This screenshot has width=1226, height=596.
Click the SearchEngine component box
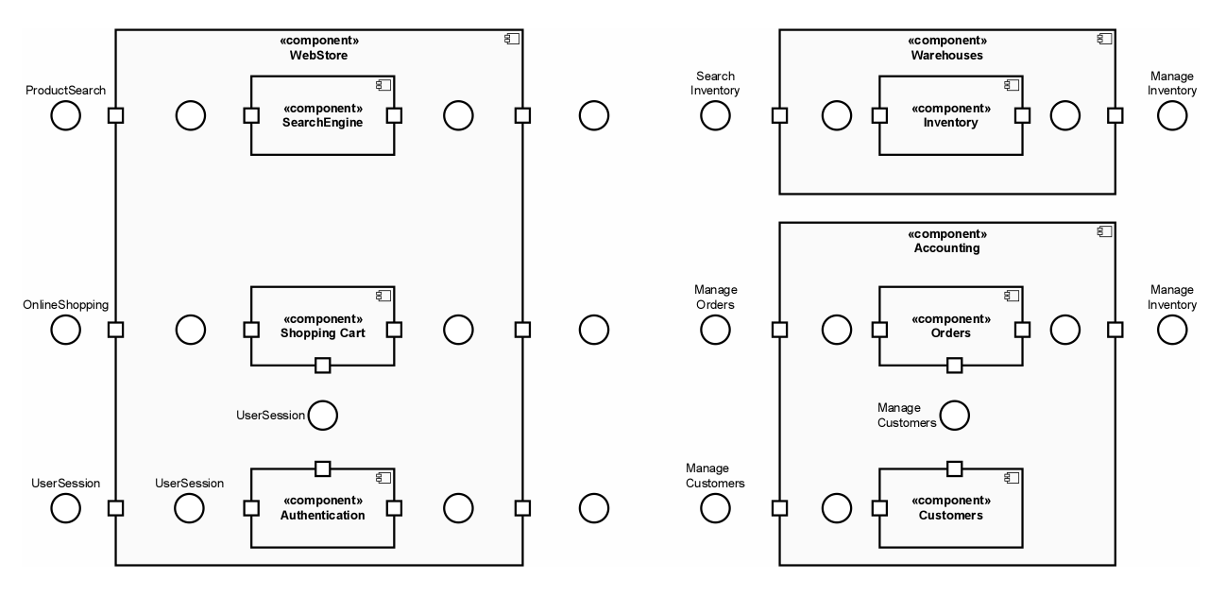click(x=322, y=115)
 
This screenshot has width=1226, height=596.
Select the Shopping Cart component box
click(x=322, y=325)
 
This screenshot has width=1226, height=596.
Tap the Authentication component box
click(x=322, y=507)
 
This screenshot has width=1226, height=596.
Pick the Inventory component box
click(x=950, y=115)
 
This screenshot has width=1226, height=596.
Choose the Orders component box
click(x=950, y=325)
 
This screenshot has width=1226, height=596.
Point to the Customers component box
click(x=950, y=507)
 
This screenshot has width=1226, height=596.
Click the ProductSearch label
click(x=65, y=91)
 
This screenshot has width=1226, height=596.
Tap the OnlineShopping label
click(x=66, y=305)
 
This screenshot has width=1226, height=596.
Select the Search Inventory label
click(x=715, y=83)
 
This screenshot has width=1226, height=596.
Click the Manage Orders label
click(x=715, y=298)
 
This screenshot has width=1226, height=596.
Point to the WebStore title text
click(x=319, y=56)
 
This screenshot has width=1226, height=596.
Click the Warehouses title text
click(x=947, y=56)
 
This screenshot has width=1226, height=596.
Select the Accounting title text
click(x=947, y=248)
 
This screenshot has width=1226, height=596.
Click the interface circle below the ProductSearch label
click(x=65, y=115)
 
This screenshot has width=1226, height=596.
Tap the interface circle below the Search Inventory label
click(x=715, y=115)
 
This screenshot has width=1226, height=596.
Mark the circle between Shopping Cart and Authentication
click(x=322, y=416)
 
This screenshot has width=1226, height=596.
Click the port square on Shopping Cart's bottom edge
click(x=322, y=365)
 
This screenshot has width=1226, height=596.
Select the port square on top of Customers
click(x=954, y=468)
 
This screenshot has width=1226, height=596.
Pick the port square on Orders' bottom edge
click(x=954, y=365)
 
